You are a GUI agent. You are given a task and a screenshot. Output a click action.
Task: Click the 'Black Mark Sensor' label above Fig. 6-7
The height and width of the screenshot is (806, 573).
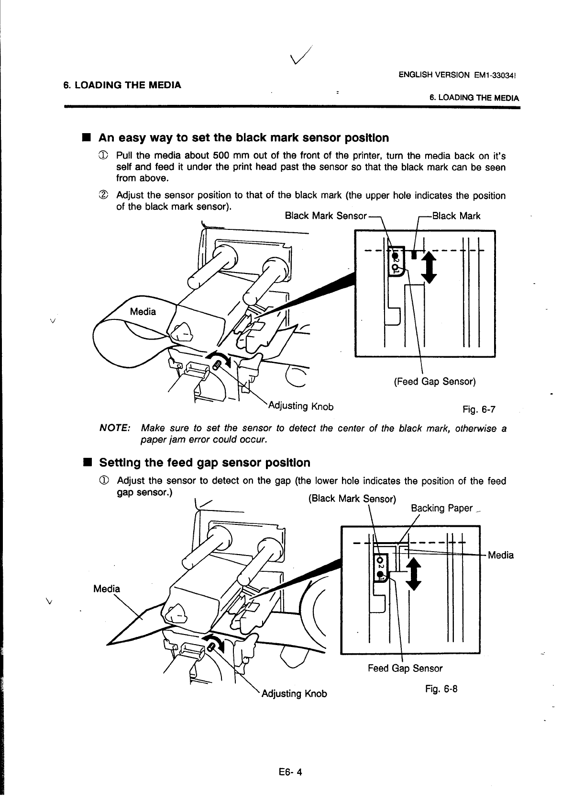325,216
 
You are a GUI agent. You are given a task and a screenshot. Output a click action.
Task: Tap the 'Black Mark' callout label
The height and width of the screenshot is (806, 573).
456,216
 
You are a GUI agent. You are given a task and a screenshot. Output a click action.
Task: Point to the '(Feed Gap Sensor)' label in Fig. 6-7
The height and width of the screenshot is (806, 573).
434,382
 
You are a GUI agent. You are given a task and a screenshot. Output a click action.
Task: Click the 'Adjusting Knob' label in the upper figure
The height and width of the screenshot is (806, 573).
300,407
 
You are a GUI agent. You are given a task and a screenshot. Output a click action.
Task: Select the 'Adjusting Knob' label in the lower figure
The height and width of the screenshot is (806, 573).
294,693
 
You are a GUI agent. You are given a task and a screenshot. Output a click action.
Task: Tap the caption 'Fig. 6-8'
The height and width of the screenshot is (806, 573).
441,689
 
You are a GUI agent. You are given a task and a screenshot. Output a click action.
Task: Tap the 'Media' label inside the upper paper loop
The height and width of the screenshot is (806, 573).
143,312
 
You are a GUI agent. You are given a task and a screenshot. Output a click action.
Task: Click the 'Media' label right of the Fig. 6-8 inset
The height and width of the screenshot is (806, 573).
501,555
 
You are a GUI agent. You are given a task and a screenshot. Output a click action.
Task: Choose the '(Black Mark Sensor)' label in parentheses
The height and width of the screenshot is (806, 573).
352,499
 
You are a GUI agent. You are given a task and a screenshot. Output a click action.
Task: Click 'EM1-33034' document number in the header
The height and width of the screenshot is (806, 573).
497,75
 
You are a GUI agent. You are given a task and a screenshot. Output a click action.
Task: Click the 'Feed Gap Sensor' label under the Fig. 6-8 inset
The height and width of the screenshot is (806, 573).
405,668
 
